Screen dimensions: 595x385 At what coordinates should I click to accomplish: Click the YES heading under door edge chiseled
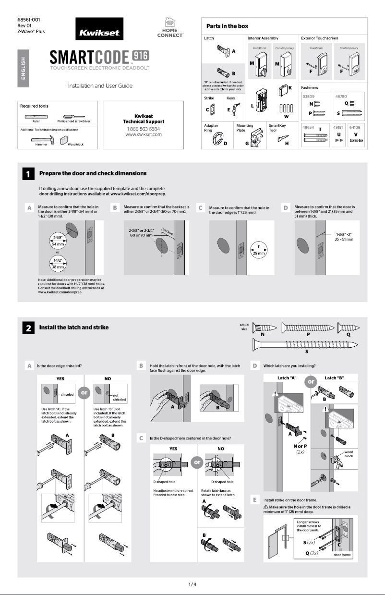[x=60, y=378]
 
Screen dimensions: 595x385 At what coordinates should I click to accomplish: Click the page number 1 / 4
[x=192, y=584]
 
